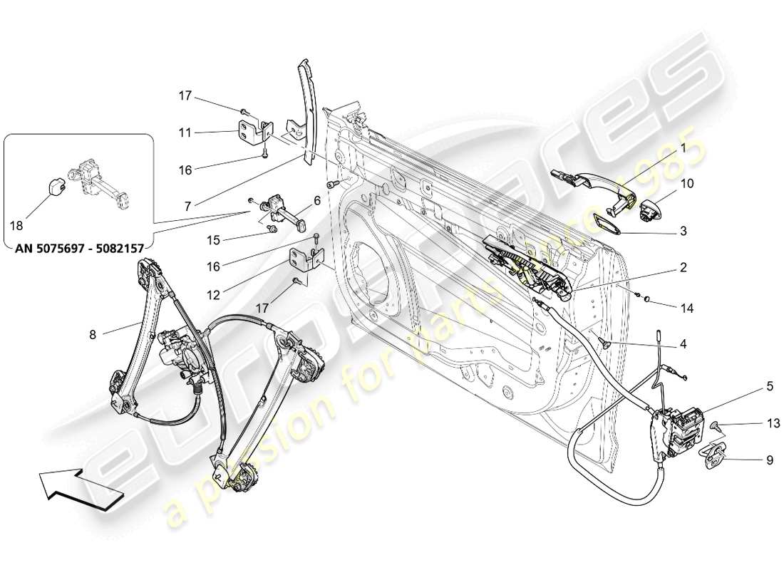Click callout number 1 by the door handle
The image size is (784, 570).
[682, 148]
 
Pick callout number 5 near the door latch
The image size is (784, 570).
[770, 388]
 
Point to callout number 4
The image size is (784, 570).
[683, 344]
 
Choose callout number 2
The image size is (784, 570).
[682, 268]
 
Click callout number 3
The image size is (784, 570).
[682, 231]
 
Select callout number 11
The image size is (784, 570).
[185, 132]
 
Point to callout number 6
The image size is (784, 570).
[317, 201]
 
